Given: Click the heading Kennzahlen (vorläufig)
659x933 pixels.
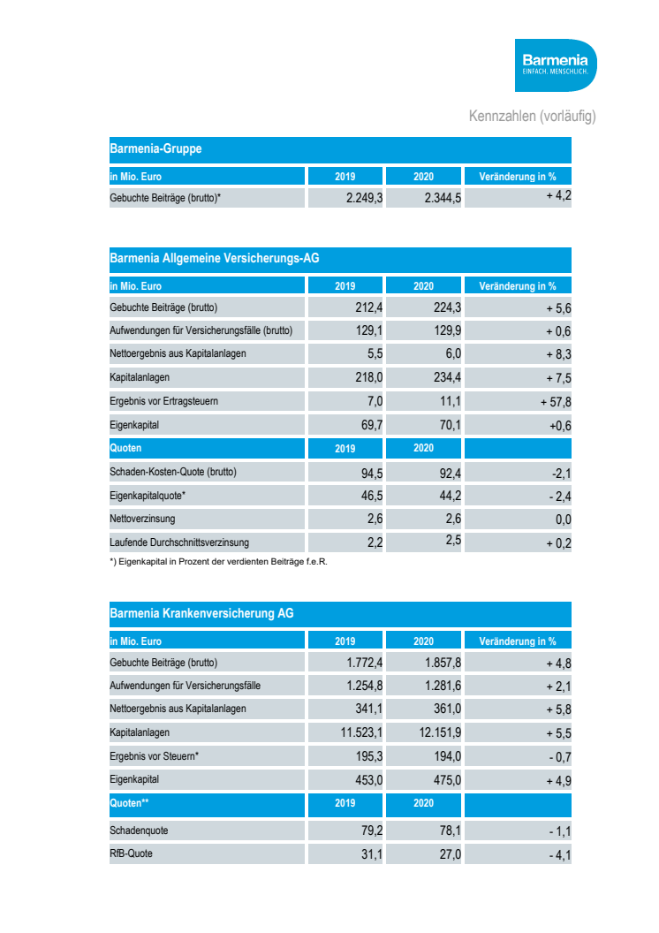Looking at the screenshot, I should (532, 117).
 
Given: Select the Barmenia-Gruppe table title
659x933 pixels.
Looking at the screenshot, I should (155, 148).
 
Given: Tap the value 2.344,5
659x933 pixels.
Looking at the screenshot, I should (443, 199).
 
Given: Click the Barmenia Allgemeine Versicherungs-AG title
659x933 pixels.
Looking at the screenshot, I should (214, 259).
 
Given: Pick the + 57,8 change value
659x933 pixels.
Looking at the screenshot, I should (556, 402).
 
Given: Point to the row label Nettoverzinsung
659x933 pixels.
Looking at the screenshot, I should (142, 519).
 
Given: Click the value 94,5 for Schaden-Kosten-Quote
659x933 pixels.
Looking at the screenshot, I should (371, 472).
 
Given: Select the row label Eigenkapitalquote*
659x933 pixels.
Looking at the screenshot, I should (148, 496).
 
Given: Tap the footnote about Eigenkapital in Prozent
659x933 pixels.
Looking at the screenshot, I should (217, 561).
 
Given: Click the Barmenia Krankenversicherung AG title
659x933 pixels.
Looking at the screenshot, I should (201, 613).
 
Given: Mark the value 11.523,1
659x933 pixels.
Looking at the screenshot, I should (355, 733).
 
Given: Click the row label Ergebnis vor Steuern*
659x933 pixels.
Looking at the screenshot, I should (154, 756).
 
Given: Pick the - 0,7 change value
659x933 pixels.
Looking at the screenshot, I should (558, 757).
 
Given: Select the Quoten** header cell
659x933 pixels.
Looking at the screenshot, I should (129, 803).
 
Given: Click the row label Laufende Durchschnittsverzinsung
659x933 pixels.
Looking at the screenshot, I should (179, 542).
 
